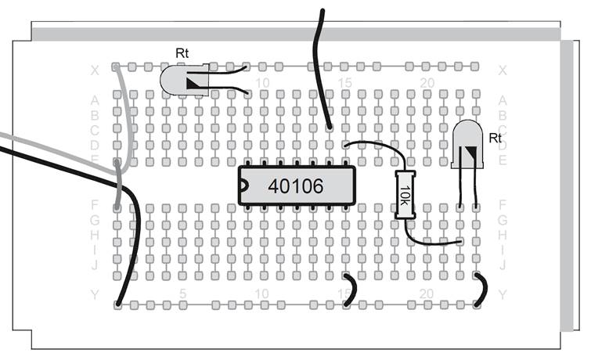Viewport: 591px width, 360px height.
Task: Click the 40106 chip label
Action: (x=295, y=186)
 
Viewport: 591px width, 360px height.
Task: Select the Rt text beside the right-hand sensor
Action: (x=495, y=138)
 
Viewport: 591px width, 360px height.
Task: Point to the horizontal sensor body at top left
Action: (x=184, y=81)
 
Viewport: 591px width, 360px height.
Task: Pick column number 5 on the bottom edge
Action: (x=182, y=293)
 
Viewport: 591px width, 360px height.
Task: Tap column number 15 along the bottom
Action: (x=344, y=293)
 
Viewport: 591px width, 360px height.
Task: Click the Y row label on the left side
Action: (x=95, y=294)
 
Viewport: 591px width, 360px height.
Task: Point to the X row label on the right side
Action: (x=503, y=70)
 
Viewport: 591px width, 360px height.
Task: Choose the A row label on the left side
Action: (x=95, y=100)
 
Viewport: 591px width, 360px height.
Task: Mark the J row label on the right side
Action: (x=503, y=265)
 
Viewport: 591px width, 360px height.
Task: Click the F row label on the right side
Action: (x=503, y=205)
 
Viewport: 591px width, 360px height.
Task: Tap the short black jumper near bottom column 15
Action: (x=353, y=290)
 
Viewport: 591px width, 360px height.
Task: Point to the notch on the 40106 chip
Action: (x=244, y=186)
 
